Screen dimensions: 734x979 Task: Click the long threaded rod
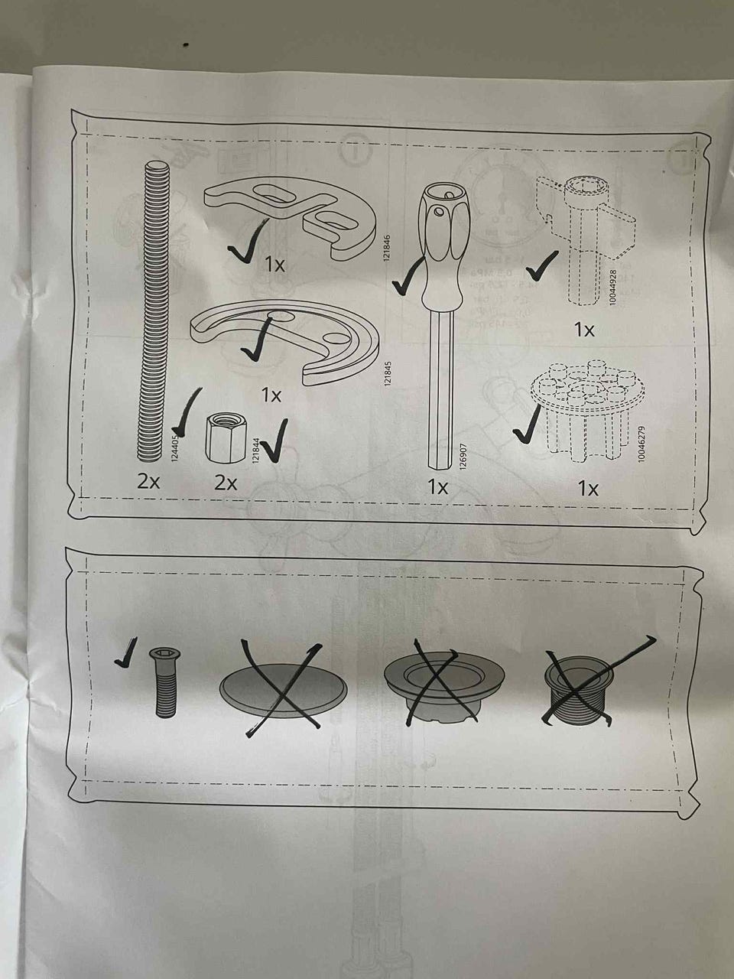point(151,313)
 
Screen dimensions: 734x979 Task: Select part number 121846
point(387,249)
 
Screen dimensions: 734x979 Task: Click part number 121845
point(388,373)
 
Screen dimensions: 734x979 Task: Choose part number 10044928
point(612,288)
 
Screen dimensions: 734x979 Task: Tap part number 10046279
point(641,444)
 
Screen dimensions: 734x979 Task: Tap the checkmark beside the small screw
point(126,652)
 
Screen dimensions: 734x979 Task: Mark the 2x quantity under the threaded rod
point(148,482)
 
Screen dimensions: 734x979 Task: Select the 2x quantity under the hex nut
point(226,483)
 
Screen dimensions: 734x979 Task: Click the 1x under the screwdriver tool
point(437,487)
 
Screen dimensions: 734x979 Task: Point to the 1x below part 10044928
point(584,330)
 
